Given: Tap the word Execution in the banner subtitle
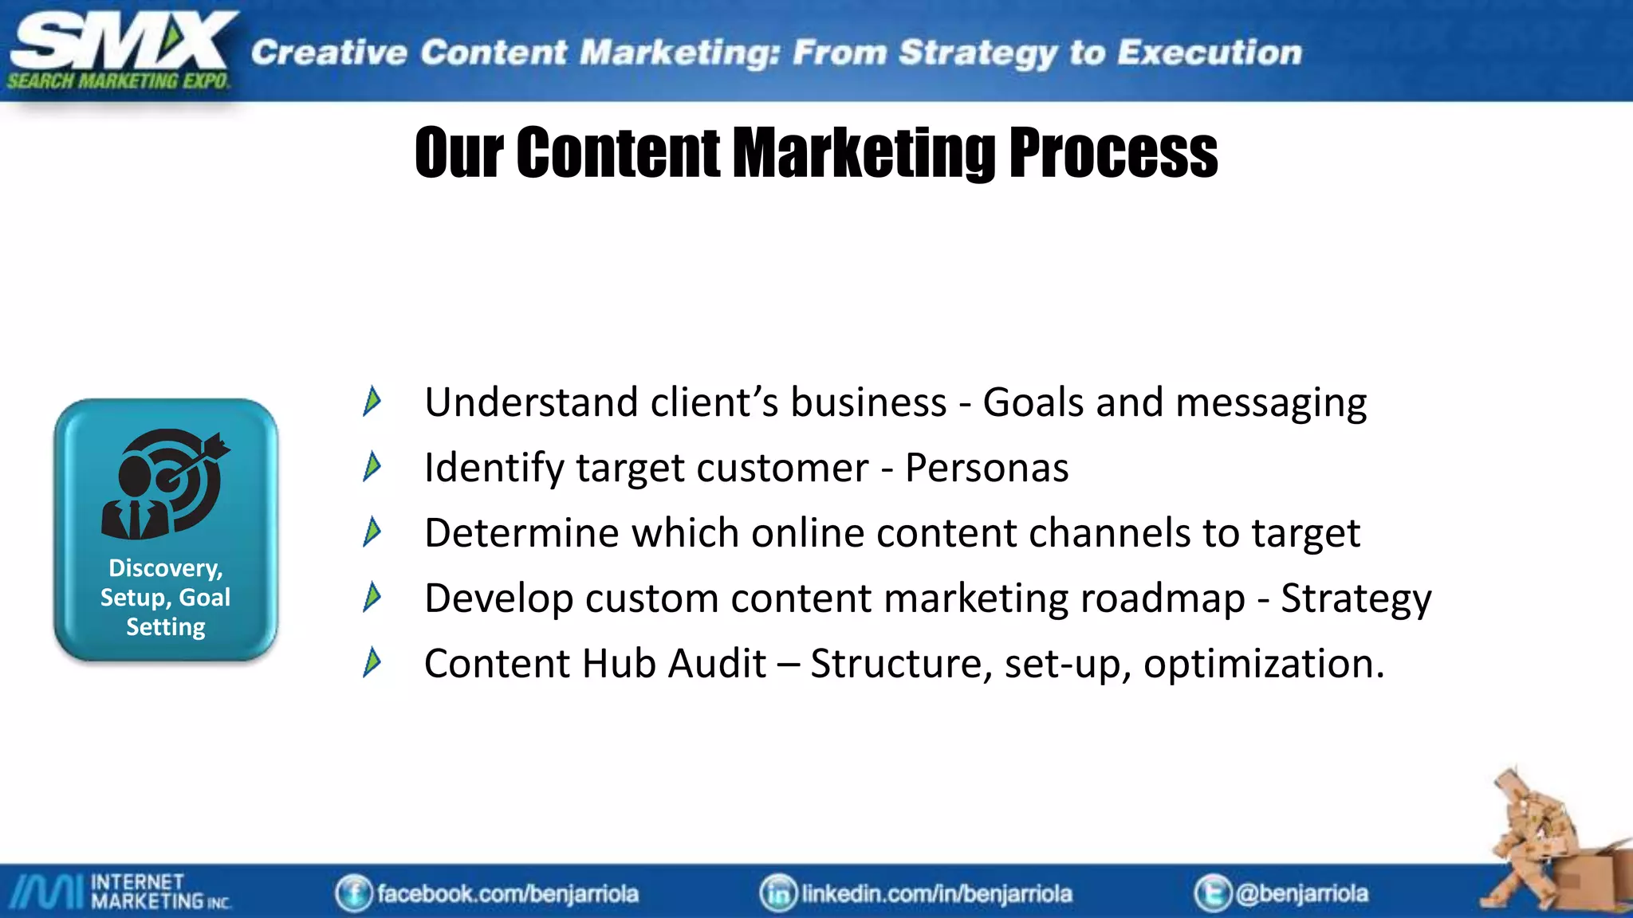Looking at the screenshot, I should tap(1209, 53).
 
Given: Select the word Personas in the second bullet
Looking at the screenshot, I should tap(986, 468).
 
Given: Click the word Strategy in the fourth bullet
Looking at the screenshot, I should tap(1356, 599).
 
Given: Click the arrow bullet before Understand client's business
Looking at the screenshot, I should tap(372, 401).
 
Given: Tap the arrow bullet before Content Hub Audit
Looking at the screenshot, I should tap(372, 662).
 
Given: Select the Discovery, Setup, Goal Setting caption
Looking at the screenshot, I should tap(166, 598).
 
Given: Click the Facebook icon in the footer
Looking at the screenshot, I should tap(353, 893).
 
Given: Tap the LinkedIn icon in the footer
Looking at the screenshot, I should tap(777, 893).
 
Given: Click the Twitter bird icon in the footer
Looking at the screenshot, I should tap(1212, 893).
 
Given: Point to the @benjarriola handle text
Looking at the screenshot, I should tap(1301, 893).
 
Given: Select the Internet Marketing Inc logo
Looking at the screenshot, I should tap(120, 892).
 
